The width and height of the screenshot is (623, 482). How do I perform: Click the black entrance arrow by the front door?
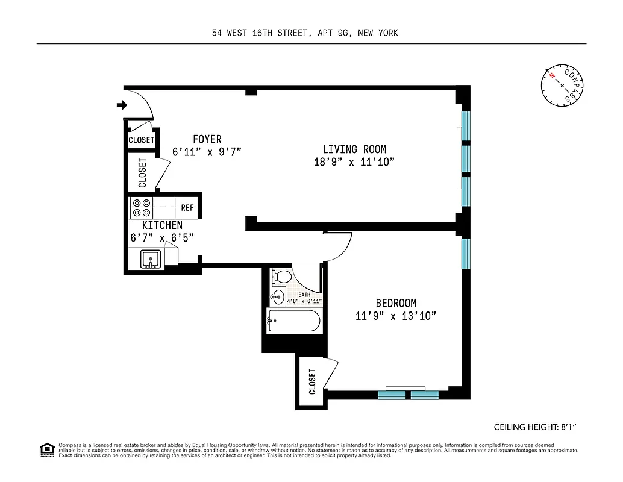tap(122, 106)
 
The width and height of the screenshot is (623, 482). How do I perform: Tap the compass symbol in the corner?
tap(562, 86)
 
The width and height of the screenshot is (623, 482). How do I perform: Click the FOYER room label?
tap(207, 139)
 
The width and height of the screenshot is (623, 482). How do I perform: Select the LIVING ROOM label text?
tap(354, 149)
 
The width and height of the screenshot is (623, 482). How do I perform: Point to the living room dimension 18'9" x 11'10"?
tap(354, 162)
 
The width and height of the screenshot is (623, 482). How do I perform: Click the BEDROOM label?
tap(396, 303)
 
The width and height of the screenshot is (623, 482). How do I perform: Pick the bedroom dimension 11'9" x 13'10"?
tap(396, 316)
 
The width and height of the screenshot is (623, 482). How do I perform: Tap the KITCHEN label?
tap(161, 225)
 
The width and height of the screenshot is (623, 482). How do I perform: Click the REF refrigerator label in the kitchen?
tap(187, 208)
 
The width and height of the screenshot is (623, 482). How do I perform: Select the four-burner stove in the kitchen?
tap(142, 208)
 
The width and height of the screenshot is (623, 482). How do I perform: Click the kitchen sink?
tap(150, 259)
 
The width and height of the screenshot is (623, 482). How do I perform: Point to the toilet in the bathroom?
tap(281, 277)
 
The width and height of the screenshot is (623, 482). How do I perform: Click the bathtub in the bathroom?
tap(293, 322)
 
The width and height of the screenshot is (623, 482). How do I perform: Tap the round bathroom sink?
tap(277, 296)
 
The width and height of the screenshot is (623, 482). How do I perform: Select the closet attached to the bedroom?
tap(312, 381)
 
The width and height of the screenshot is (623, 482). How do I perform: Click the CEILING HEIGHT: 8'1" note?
tap(535, 427)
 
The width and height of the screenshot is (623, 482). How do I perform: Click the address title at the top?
tap(305, 33)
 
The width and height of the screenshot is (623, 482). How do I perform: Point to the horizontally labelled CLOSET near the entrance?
tap(142, 140)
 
